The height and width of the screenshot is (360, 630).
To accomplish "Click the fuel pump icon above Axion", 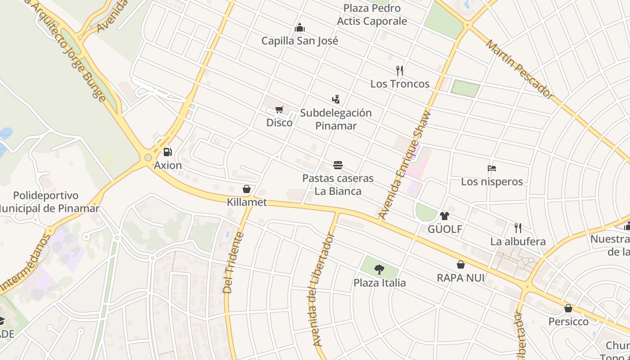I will pyautogui.click(x=167, y=152).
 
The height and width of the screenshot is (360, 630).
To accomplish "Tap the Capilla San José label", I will pyautogui.click(x=300, y=41).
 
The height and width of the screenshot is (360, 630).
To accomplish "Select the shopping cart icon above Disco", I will pyautogui.click(x=279, y=109).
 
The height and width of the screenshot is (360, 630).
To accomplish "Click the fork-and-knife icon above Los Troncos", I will pyautogui.click(x=399, y=70).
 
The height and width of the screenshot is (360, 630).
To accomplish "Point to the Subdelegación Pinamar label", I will pyautogui.click(x=336, y=119).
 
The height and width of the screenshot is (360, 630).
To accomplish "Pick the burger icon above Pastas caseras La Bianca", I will pyautogui.click(x=338, y=165).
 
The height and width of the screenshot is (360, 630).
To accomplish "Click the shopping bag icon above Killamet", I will pyautogui.click(x=247, y=189).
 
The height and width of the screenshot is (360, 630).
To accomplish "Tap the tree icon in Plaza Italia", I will pyautogui.click(x=379, y=270).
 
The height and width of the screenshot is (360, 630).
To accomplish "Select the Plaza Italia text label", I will pyautogui.click(x=379, y=283).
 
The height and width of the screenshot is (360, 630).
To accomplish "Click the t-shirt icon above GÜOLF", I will pyautogui.click(x=445, y=216).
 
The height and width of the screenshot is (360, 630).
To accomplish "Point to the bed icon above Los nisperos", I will pyautogui.click(x=492, y=169).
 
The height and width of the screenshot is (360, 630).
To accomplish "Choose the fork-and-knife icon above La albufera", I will pyautogui.click(x=518, y=228).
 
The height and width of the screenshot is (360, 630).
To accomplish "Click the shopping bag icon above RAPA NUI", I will pyautogui.click(x=461, y=265).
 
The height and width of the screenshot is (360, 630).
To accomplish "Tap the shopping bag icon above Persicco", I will pyautogui.click(x=568, y=308).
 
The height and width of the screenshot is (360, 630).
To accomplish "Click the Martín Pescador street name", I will pyautogui.click(x=519, y=69).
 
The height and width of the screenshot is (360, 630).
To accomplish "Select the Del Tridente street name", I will pyautogui.click(x=233, y=263).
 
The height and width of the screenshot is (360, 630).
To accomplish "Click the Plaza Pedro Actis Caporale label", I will pyautogui.click(x=372, y=15).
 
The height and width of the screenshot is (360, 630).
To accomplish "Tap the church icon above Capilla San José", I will pyautogui.click(x=300, y=28).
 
